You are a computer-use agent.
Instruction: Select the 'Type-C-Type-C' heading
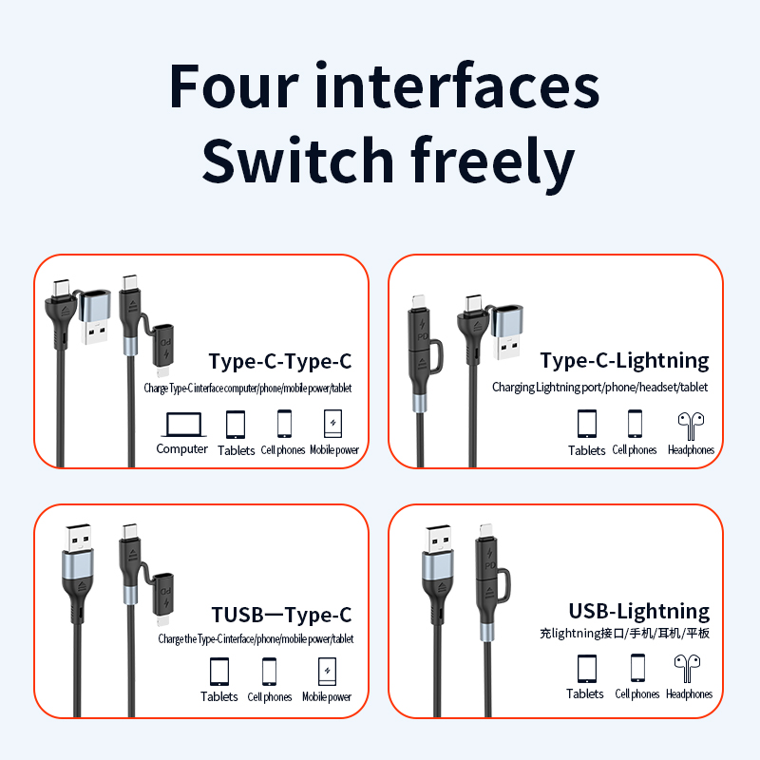click(280, 361)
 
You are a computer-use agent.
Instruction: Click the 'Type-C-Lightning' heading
click(624, 360)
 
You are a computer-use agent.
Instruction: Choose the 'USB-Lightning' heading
click(638, 611)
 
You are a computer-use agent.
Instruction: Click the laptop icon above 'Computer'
click(181, 423)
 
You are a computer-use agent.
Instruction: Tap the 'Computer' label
click(181, 449)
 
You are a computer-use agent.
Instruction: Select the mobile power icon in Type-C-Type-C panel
click(332, 423)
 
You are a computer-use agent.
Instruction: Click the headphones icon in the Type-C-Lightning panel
click(691, 423)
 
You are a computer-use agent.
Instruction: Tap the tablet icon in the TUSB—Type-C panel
click(219, 671)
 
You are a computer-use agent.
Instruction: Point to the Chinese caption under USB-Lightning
click(625, 634)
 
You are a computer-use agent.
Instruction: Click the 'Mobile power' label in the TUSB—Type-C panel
click(327, 697)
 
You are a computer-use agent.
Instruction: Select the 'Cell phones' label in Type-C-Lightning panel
click(635, 450)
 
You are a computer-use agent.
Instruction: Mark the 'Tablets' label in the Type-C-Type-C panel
click(237, 450)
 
